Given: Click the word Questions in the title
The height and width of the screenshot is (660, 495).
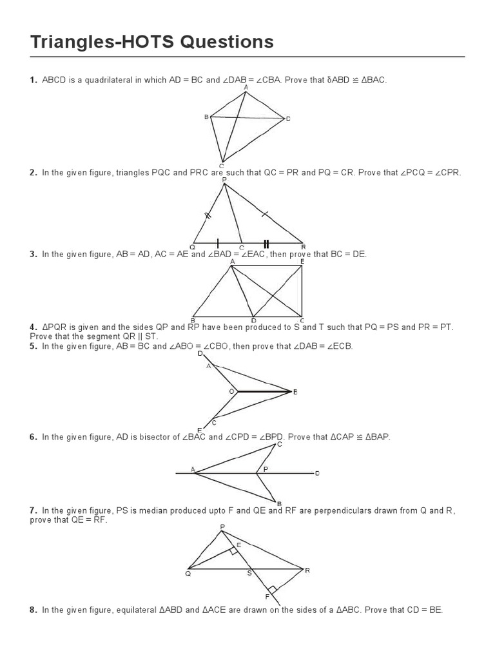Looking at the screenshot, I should pyautogui.click(x=220, y=43).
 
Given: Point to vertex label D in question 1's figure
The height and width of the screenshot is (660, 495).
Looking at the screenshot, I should pyautogui.click(x=288, y=119).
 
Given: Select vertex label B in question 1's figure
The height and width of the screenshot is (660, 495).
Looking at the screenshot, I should pyautogui.click(x=206, y=117).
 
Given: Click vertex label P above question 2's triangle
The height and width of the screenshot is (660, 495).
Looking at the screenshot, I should pyautogui.click(x=224, y=180).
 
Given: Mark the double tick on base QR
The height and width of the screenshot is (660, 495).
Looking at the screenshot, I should pyautogui.click(x=265, y=243).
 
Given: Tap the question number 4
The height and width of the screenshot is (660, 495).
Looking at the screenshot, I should pyautogui.click(x=32, y=327).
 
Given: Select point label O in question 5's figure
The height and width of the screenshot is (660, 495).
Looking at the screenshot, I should pyautogui.click(x=231, y=391).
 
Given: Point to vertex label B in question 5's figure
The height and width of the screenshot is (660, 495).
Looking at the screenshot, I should pyautogui.click(x=295, y=392).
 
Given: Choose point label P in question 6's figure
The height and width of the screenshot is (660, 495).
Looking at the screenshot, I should pyautogui.click(x=265, y=470).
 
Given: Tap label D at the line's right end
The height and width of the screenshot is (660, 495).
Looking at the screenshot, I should pyautogui.click(x=316, y=474).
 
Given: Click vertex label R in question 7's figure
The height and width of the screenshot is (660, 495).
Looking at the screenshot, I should pyautogui.click(x=307, y=570).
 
